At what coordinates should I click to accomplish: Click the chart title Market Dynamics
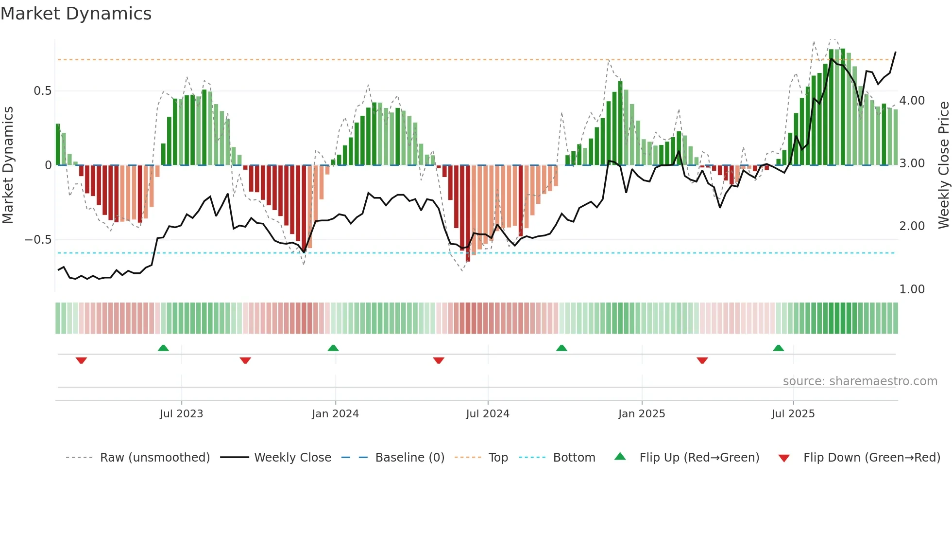tap(76, 14)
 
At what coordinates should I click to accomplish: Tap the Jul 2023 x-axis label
tap(181, 413)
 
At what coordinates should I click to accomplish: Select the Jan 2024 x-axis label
tap(335, 413)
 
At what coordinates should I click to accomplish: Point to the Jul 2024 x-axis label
tap(488, 413)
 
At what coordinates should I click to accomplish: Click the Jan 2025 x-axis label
tap(642, 413)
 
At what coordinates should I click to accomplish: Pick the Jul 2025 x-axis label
tap(793, 413)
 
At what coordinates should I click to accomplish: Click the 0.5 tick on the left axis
tap(42, 91)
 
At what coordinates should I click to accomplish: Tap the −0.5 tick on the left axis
tap(38, 240)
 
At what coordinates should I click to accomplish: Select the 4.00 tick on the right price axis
tap(912, 101)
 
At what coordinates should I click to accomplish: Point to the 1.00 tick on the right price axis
tap(912, 289)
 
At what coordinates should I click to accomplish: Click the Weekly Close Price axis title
tap(943, 165)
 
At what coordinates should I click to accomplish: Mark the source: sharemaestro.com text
tap(860, 381)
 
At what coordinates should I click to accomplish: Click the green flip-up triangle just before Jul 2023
tap(163, 348)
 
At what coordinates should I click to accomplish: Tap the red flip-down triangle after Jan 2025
tap(702, 360)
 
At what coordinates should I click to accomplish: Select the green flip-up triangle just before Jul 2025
tap(778, 348)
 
